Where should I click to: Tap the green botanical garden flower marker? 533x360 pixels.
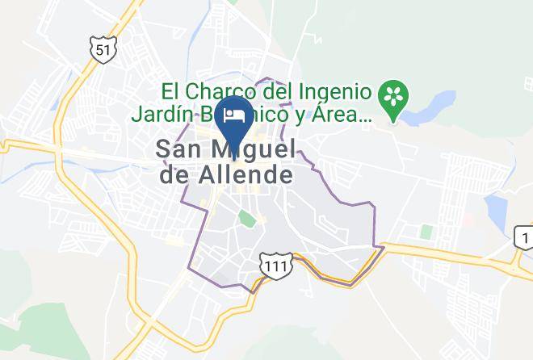(395, 98)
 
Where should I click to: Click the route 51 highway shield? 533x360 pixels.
(102, 50)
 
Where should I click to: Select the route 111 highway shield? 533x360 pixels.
(273, 266)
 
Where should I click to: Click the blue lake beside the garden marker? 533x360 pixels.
(440, 103)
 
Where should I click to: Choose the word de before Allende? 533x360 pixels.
(175, 174)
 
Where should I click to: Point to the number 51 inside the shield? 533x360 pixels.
(102, 51)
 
